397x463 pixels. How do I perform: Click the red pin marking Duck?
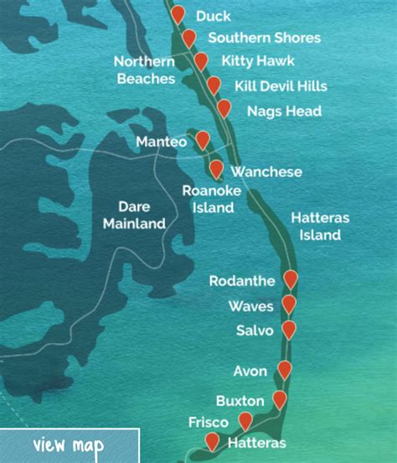tap(178, 13)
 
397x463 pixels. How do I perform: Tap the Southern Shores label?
tap(264, 38)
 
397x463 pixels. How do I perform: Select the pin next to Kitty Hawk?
tap(201, 60)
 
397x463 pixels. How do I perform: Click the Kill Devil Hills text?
tap(281, 86)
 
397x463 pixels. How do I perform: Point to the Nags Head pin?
tap(224, 107)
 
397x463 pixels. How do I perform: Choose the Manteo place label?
tap(161, 143)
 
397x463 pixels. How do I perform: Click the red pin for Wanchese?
tap(216, 169)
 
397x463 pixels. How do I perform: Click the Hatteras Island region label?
tap(320, 226)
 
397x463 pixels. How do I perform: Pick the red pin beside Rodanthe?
tap(291, 278)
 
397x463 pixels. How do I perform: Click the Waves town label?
tap(250, 306)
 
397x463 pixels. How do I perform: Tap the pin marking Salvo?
tap(289, 329)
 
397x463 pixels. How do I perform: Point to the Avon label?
tap(251, 371)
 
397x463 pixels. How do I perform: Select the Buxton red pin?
tap(280, 399)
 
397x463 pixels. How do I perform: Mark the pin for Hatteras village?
tap(212, 440)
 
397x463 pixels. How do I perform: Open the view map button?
tap(69, 445)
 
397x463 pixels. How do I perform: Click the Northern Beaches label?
tap(144, 70)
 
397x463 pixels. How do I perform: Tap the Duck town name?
tap(213, 16)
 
